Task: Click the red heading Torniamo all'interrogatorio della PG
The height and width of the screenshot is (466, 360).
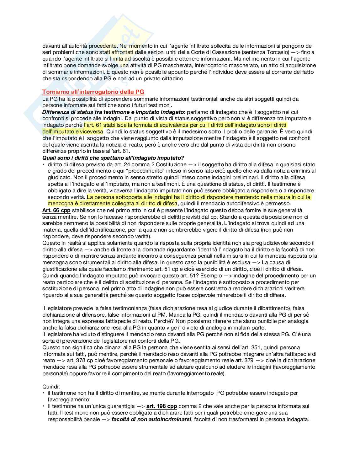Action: click(93, 92)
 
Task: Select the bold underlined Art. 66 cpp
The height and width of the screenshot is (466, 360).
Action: click(56, 210)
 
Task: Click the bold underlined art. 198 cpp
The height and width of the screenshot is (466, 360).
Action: click(161, 406)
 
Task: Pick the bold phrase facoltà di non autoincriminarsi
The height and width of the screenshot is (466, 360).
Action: click(151, 419)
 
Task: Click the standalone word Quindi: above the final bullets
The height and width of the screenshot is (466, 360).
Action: click(51, 387)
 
